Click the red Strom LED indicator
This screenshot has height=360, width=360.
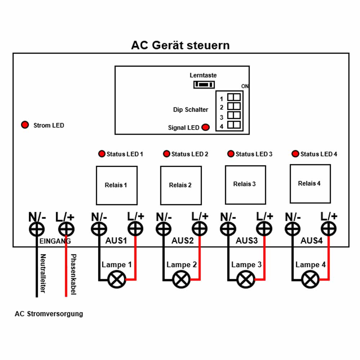click(x=25, y=125)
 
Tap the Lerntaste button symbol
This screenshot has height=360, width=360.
click(x=204, y=85)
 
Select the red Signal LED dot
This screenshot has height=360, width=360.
click(x=206, y=127)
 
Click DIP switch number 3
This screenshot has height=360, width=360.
click(x=234, y=115)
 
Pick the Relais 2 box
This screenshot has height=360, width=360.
click(x=181, y=185)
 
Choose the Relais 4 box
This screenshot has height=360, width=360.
click(x=310, y=184)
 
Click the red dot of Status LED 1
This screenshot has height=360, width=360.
click(x=102, y=154)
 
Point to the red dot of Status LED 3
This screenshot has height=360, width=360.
click(x=230, y=154)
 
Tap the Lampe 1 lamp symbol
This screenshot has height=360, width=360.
click(x=117, y=279)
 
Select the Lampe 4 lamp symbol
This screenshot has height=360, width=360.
click(x=310, y=279)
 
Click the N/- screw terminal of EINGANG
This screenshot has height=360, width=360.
click(x=37, y=229)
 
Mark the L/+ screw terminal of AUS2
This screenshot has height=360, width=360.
click(x=199, y=229)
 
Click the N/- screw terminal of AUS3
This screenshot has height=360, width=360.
click(x=228, y=229)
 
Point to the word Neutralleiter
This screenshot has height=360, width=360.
click(x=43, y=273)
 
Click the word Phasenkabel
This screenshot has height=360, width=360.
click(x=73, y=274)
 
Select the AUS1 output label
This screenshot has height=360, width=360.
click(x=116, y=240)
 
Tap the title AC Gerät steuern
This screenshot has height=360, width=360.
click(x=180, y=45)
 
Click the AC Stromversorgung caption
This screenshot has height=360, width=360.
click(x=49, y=314)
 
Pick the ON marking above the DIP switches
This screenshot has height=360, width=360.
click(x=245, y=86)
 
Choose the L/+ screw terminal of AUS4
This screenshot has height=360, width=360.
click(x=329, y=229)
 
